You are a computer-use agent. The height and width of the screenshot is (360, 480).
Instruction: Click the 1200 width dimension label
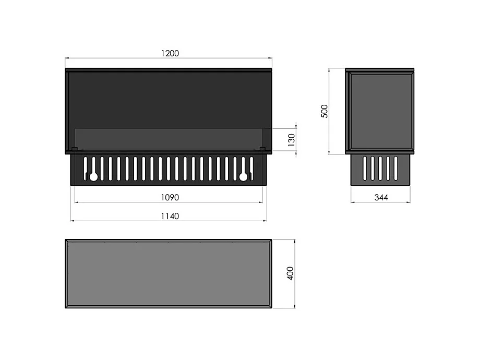click(x=170, y=53)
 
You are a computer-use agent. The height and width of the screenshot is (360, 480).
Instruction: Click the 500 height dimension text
click(x=324, y=111)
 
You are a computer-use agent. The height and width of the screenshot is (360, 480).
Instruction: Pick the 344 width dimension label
click(x=381, y=198)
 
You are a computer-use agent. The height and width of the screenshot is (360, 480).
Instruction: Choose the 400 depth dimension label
click(x=291, y=273)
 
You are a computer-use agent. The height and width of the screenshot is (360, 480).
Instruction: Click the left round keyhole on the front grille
click(x=93, y=177)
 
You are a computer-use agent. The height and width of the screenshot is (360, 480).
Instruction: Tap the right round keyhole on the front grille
click(x=243, y=177)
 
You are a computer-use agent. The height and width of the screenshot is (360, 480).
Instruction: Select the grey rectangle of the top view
click(x=168, y=274)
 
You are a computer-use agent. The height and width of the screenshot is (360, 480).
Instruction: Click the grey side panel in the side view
click(x=381, y=111)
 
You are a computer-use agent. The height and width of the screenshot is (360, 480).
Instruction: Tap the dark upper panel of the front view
click(x=168, y=99)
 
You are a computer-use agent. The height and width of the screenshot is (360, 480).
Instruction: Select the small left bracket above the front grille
click(x=74, y=150)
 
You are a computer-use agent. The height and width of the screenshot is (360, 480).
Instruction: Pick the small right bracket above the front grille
click(x=262, y=150)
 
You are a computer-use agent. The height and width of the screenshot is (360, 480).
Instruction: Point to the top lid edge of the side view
click(x=380, y=70)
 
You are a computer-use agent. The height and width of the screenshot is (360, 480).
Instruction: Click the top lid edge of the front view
click(x=168, y=69)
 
